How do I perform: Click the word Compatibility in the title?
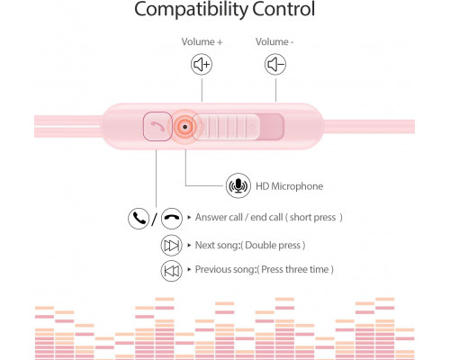click(x=191, y=10)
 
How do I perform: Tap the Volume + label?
click(x=202, y=41)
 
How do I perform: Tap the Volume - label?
click(x=274, y=41)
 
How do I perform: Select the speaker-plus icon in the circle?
click(x=202, y=64)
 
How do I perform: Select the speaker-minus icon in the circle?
click(x=275, y=64)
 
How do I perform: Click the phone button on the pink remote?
click(x=157, y=126)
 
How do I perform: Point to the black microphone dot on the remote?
click(x=184, y=127)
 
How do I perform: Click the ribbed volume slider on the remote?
click(x=226, y=127)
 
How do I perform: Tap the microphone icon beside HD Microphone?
click(x=238, y=185)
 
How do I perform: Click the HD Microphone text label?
click(x=289, y=186)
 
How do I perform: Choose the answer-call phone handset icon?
click(x=139, y=219)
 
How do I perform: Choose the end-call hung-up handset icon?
click(x=172, y=219)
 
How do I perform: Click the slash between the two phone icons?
click(x=155, y=220)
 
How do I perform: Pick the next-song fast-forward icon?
click(x=171, y=246)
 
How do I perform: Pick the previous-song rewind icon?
click(x=172, y=271)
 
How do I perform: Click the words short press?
click(x=312, y=218)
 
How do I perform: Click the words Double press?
click(x=273, y=246)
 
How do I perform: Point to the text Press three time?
click(x=295, y=269)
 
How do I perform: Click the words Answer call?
click(x=219, y=217)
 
